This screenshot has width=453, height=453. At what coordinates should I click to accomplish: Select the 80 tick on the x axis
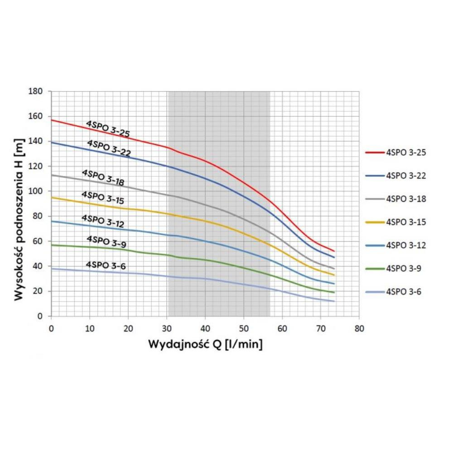[x=359, y=327]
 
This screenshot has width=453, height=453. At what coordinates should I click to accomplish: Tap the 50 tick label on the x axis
[x=244, y=327]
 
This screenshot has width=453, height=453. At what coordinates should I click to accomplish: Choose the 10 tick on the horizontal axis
[x=90, y=327]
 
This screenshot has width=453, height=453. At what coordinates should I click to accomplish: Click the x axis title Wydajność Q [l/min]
[x=205, y=344]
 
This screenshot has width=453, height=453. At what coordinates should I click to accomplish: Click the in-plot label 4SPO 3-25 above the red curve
[x=108, y=129]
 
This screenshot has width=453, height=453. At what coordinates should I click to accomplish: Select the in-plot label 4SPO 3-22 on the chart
[x=109, y=149]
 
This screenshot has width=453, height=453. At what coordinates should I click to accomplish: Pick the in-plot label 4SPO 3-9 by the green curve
[x=106, y=242]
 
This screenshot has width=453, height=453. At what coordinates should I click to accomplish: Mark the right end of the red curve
[x=334, y=251]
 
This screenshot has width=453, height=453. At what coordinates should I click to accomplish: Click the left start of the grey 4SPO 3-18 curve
[x=52, y=175]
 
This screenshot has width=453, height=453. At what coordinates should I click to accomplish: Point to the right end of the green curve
[x=334, y=292]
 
